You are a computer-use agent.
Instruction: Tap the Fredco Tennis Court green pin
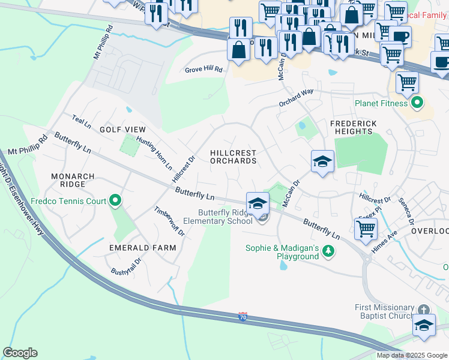point(115,201)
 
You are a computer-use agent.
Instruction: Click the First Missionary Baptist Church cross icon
point(424,310)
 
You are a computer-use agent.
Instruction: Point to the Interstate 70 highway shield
point(243,316)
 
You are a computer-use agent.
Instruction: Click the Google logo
point(20,353)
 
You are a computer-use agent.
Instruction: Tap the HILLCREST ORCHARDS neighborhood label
point(234,157)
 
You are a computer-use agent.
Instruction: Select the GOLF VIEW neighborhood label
point(122,130)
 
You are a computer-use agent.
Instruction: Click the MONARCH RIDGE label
point(73,181)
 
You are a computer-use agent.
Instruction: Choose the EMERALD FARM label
point(142,248)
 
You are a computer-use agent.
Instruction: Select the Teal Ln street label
point(81,121)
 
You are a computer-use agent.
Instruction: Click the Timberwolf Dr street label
point(169,221)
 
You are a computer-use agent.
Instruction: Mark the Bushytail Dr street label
point(125,267)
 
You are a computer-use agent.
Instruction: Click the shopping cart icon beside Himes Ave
point(365,228)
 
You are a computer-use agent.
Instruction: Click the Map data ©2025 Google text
point(412,355)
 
